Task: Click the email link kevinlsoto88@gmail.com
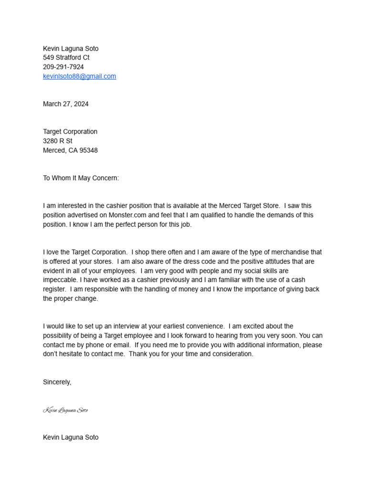coord(80,76)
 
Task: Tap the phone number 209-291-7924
coord(63,67)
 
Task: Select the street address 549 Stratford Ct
coord(66,58)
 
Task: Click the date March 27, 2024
coord(66,104)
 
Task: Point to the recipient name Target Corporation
coord(70,132)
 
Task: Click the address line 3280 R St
coord(58,141)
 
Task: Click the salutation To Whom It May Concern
coord(81,178)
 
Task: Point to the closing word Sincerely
coord(57,382)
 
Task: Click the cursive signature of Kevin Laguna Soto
coord(66,410)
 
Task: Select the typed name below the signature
coord(71,437)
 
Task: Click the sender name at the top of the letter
coord(71,49)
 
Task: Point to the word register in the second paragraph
coord(55,289)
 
